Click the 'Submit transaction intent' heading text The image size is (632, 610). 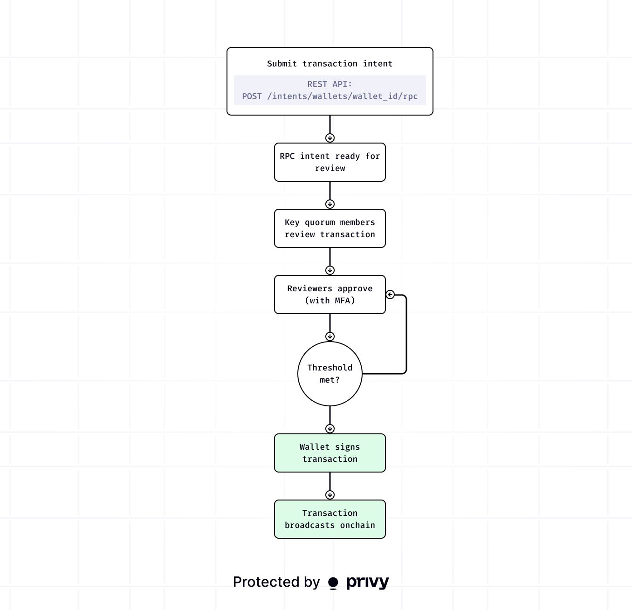(330, 64)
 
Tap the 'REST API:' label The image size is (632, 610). (330, 84)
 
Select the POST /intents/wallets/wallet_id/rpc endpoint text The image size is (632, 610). (330, 96)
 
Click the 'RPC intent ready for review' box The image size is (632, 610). (330, 162)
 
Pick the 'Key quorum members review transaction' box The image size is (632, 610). (330, 228)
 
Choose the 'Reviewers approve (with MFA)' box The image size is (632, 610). (330, 295)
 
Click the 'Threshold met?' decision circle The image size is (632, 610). (330, 374)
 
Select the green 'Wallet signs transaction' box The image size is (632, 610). (330, 453)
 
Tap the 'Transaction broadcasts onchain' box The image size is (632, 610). (330, 519)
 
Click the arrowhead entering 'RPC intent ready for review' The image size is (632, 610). (330, 138)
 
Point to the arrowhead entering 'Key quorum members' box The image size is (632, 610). (330, 204)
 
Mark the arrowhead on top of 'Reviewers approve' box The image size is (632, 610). (330, 270)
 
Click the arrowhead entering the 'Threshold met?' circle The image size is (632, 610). (330, 336)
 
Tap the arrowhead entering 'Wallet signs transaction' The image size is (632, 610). (330, 429)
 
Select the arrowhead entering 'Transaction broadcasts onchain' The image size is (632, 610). (330, 495)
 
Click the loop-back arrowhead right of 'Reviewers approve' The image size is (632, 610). (391, 295)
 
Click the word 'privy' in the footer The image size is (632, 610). (367, 583)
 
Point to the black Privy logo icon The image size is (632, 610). (333, 583)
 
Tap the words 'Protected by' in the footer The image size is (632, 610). (276, 582)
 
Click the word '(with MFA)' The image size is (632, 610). (330, 301)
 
